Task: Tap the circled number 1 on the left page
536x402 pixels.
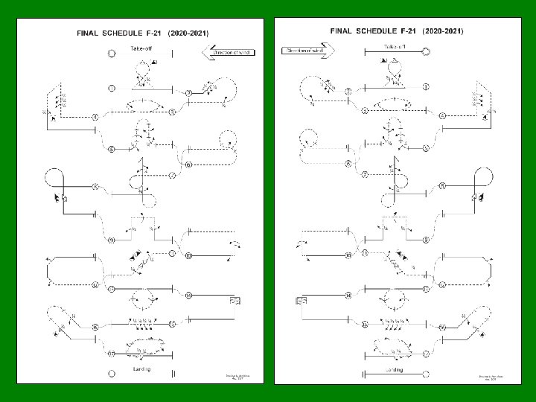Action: click(x=112, y=89)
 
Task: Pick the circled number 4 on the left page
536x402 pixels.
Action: click(x=95, y=118)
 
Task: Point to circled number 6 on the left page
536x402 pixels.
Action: click(x=189, y=165)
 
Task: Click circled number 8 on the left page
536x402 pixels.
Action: click(x=95, y=186)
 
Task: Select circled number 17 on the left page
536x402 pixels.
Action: click(x=111, y=353)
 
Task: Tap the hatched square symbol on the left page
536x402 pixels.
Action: click(x=234, y=300)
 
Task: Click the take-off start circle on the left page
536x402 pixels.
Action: click(x=112, y=54)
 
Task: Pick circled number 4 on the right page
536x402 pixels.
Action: click(x=441, y=116)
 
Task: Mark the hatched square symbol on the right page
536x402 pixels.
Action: click(x=302, y=300)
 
